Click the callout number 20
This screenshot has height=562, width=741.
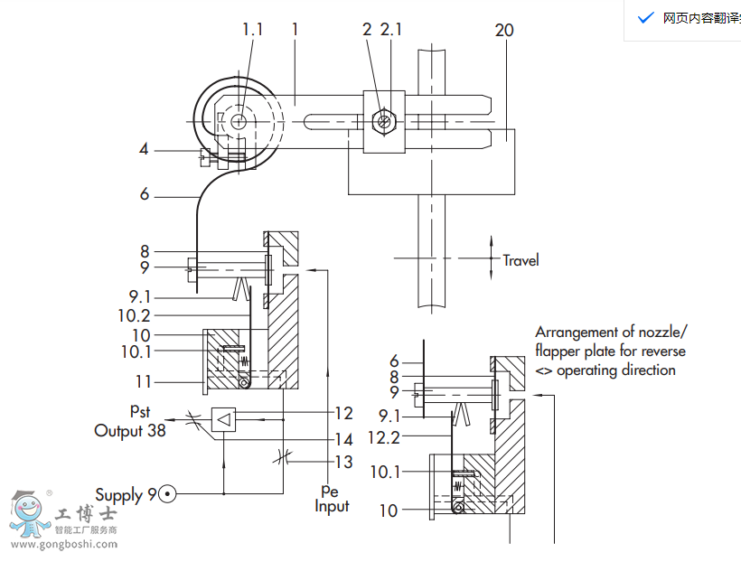coord(504,30)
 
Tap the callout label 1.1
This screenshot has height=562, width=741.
coord(252,29)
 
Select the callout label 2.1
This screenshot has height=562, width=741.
coord(391,29)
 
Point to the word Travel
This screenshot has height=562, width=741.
coord(521,260)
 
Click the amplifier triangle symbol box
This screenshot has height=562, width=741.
coord(224,419)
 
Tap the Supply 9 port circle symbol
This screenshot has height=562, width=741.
coord(167,494)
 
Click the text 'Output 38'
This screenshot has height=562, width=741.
coord(130,431)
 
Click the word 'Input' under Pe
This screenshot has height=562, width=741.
coord(332,506)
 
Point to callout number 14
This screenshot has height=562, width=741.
coord(342,440)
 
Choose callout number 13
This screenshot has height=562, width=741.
coord(342,463)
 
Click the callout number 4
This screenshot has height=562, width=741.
coord(144,149)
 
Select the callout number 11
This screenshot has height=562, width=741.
coord(143,381)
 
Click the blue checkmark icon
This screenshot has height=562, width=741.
coord(645,18)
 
